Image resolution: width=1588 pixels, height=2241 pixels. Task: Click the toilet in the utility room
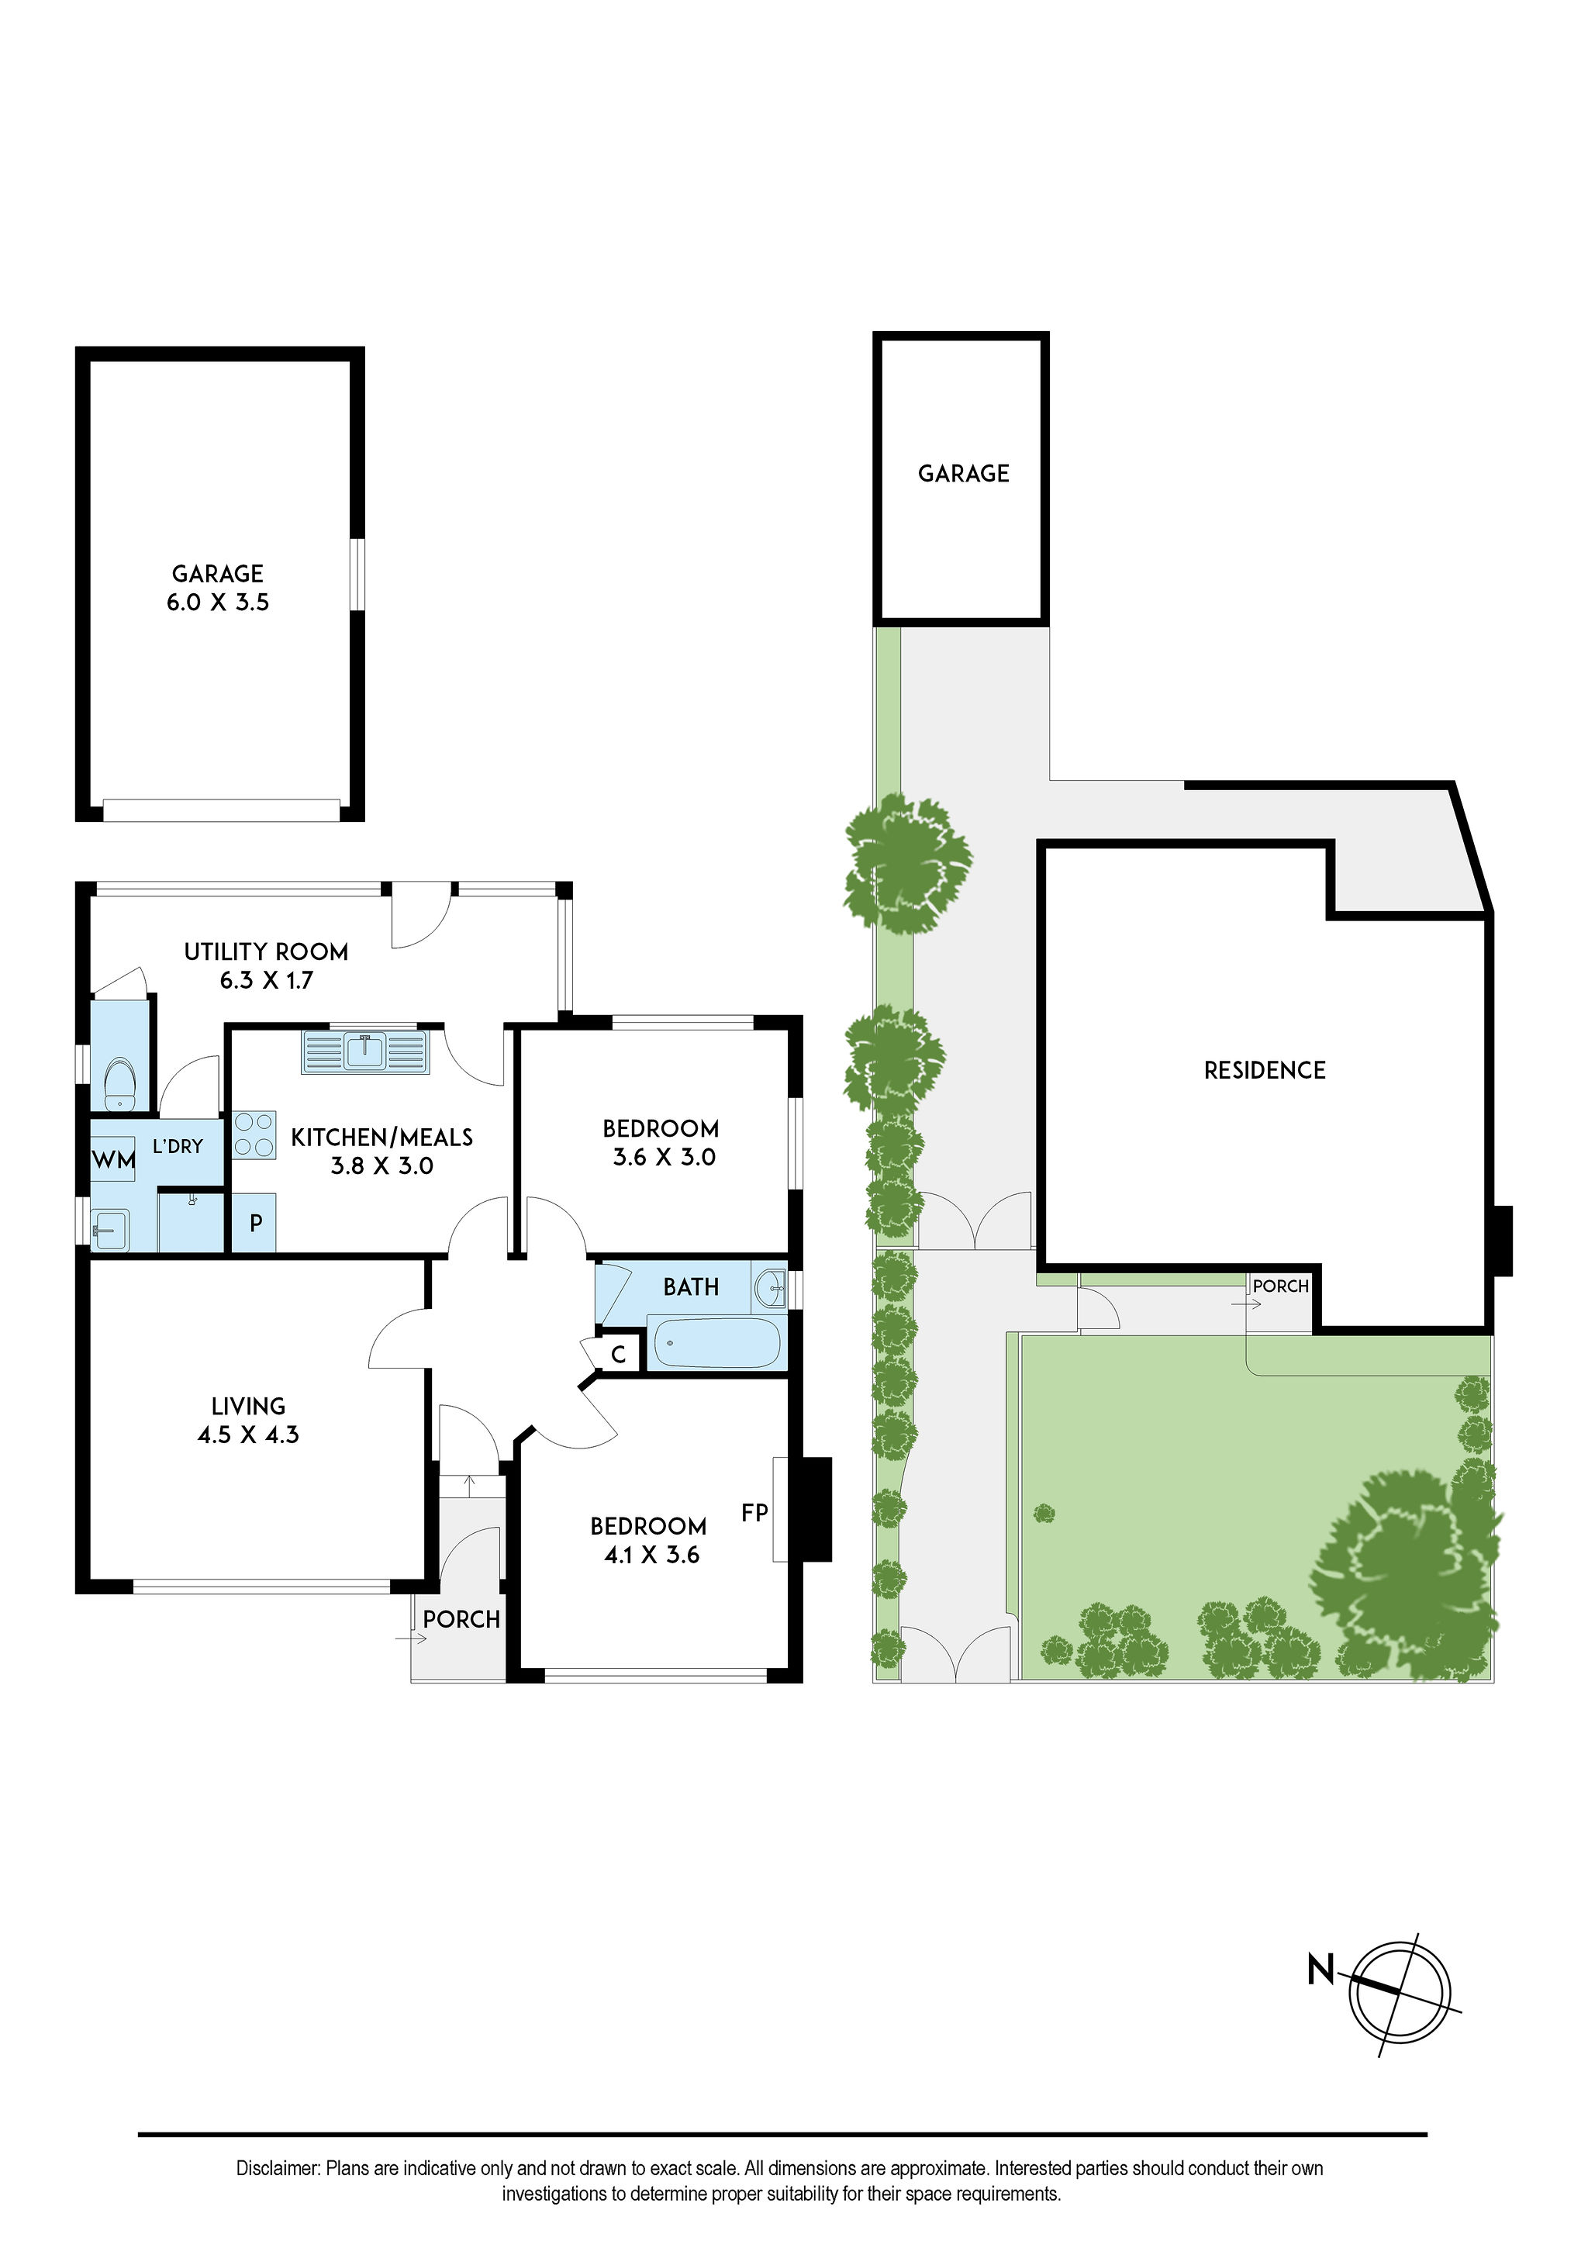[x=120, y=1084]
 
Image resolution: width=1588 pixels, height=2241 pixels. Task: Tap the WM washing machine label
[x=113, y=1161]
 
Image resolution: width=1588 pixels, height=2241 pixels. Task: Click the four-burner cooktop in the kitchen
[x=254, y=1135]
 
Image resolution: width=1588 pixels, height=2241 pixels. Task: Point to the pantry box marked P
[x=255, y=1222]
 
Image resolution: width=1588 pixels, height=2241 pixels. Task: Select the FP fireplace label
[x=755, y=1513]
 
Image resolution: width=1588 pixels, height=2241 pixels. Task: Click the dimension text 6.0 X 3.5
[x=218, y=603]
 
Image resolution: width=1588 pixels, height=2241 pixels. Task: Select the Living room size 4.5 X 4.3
[x=248, y=1435]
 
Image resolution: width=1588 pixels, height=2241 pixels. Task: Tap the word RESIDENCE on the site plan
[x=1265, y=1071]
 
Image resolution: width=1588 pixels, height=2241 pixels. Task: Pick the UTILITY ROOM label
[x=266, y=951]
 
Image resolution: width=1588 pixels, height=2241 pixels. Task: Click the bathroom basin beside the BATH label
[x=771, y=1286]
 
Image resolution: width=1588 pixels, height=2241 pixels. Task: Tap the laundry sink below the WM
[x=111, y=1229]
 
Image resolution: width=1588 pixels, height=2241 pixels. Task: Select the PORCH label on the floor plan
[x=461, y=1619]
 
